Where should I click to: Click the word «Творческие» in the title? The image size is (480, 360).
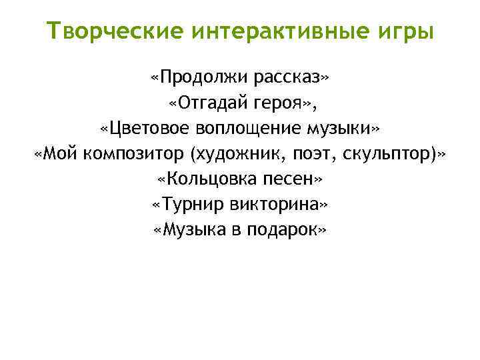click(x=117, y=31)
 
